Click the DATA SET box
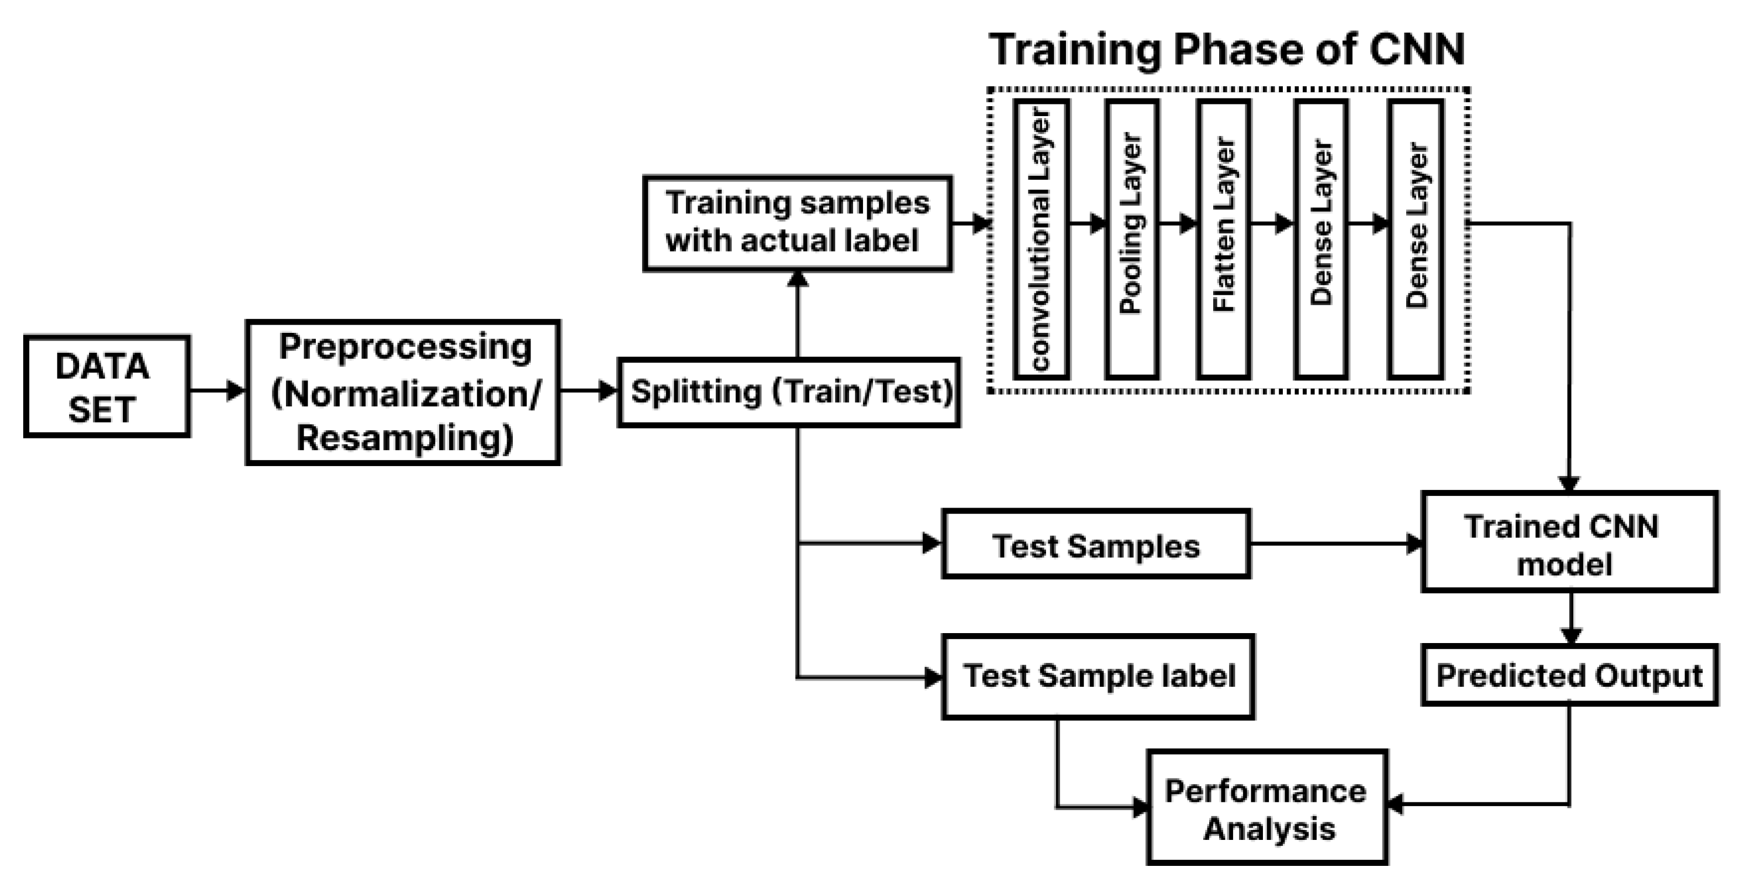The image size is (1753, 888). click(x=107, y=386)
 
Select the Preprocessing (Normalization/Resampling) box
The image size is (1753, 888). click(x=403, y=393)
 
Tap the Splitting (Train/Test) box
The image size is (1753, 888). click(x=789, y=393)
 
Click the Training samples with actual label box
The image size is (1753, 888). click(x=797, y=223)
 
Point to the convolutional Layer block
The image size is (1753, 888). click(x=1041, y=239)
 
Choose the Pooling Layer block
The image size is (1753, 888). click(x=1132, y=239)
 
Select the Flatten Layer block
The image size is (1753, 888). click(x=1223, y=239)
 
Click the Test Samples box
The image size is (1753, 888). click(x=1096, y=545)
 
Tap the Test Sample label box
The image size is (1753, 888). click(x=1097, y=676)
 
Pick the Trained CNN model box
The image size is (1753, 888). click(x=1569, y=542)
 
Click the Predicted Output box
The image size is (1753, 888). click(x=1569, y=675)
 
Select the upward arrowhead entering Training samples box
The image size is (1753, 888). click(x=797, y=279)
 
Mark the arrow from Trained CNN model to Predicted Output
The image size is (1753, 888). click(x=1570, y=618)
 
